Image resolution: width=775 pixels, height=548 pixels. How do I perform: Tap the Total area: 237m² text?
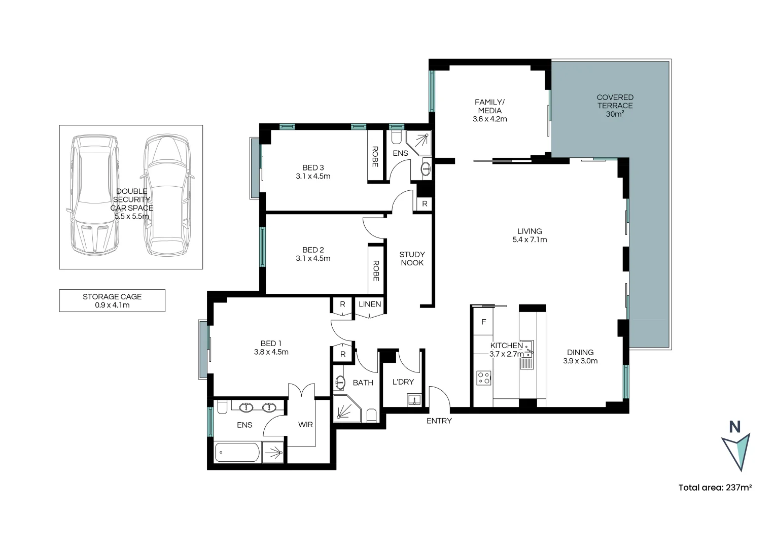tap(715, 488)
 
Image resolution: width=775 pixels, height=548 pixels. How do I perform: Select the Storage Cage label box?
tap(112, 300)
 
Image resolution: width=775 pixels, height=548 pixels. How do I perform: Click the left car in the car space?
tap(94, 194)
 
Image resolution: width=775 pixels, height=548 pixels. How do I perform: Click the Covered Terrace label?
tap(615, 105)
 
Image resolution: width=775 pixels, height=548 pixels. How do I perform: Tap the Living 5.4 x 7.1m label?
tap(530, 235)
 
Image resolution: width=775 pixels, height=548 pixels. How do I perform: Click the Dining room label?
tap(580, 356)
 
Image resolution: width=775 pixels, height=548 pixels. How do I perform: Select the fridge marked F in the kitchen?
tap(483, 322)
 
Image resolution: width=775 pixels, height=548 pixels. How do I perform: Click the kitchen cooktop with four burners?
tap(483, 378)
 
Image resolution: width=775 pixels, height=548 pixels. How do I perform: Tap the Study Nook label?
tap(412, 258)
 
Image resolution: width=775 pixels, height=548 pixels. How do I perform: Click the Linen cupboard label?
tap(369, 304)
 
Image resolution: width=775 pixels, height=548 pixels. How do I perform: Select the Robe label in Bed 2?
tap(376, 270)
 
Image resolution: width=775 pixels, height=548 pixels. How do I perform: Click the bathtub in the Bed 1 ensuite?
tap(237, 452)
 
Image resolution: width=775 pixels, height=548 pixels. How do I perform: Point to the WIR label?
tap(305, 425)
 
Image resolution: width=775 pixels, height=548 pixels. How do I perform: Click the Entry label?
tap(439, 421)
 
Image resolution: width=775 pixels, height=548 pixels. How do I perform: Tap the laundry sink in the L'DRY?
tap(414, 400)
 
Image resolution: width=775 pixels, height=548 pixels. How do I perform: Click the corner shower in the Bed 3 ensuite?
tap(419, 143)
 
